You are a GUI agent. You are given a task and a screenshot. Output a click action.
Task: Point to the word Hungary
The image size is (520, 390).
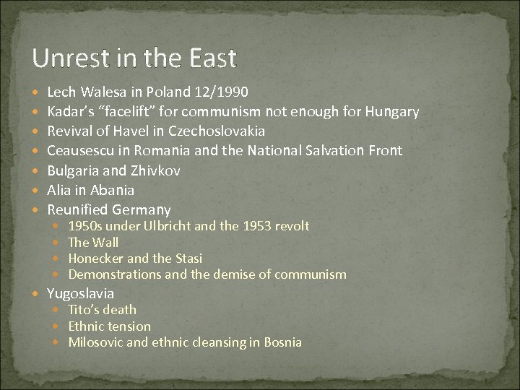(x=392, y=111)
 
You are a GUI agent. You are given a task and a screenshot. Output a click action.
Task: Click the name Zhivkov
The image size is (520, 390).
(x=155, y=170)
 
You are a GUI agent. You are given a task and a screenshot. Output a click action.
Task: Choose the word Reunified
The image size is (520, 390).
(x=77, y=209)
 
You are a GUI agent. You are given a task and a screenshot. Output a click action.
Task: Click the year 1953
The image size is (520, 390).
(x=259, y=226)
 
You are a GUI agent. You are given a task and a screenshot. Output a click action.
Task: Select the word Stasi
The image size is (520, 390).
(x=188, y=258)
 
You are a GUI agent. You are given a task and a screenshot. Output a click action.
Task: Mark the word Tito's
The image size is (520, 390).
(x=83, y=310)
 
